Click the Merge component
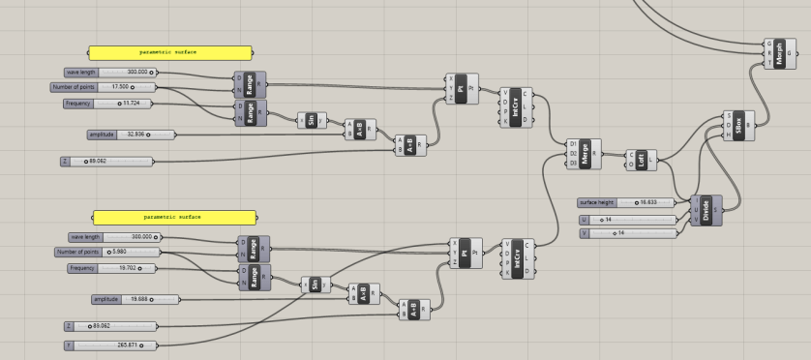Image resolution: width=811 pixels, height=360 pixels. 586,153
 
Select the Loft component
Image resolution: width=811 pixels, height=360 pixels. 643,159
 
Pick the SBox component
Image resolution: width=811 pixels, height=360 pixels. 740,125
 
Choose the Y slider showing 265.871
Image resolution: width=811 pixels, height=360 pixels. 107,344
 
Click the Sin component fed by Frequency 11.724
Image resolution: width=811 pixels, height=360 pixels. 311,119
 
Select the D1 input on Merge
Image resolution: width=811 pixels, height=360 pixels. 574,143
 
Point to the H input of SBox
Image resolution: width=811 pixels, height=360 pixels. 728,135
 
